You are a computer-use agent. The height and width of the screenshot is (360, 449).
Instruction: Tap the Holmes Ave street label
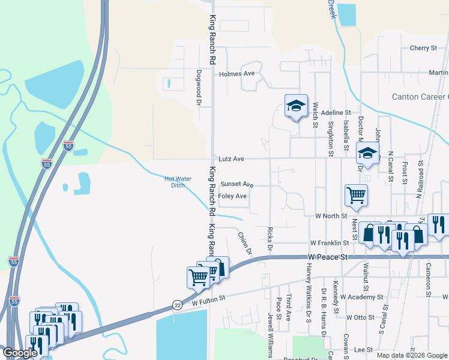237,74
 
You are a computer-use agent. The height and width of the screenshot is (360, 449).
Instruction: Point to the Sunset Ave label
237,184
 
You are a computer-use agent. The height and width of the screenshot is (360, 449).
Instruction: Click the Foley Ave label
233,196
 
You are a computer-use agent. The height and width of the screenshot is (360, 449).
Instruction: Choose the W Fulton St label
208,298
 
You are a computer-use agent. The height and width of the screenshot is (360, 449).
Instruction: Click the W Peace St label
328,257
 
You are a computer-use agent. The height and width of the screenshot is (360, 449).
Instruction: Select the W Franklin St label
330,243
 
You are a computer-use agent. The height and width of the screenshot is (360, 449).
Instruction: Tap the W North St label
331,215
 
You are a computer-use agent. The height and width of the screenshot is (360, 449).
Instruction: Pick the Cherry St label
423,48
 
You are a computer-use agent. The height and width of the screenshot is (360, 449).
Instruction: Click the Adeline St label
336,112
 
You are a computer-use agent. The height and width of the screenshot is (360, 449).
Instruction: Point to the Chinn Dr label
244,242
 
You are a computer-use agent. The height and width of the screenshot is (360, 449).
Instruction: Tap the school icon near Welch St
296,106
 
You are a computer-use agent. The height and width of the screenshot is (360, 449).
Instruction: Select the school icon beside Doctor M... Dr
367,153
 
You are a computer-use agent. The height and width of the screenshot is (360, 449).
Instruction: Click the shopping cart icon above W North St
356,194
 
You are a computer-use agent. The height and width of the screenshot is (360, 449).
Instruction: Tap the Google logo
20,353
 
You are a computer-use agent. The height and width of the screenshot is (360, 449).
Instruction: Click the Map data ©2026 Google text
412,355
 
